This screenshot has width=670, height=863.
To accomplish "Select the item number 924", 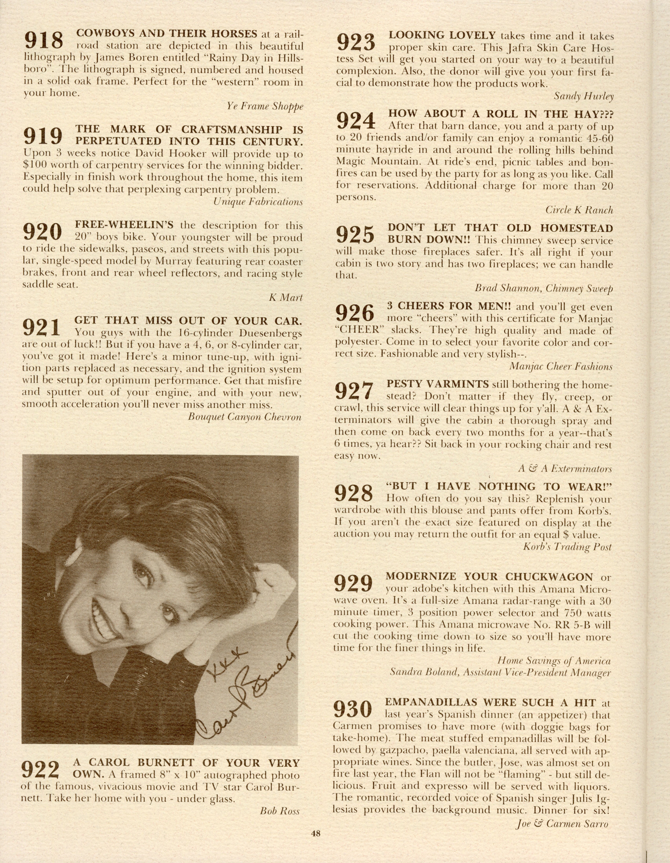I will [x=355, y=121].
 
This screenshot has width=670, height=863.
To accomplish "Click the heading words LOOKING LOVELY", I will [x=442, y=35].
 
